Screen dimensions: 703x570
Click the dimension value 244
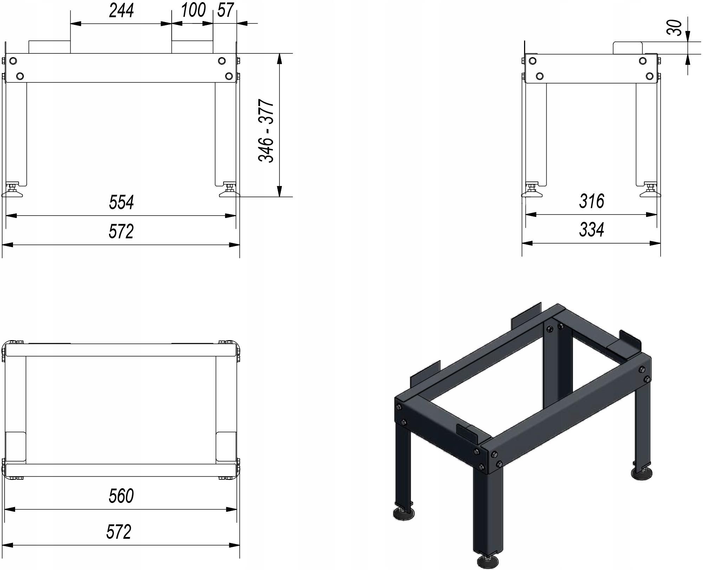[121, 10]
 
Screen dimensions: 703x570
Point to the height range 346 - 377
[266, 131]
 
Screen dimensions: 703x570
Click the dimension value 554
[121, 203]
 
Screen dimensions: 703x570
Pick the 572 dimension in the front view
[121, 232]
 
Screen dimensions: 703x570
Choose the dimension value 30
[674, 28]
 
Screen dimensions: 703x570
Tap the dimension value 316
[592, 201]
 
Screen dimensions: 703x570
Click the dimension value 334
[592, 230]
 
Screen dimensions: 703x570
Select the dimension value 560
[121, 496]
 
